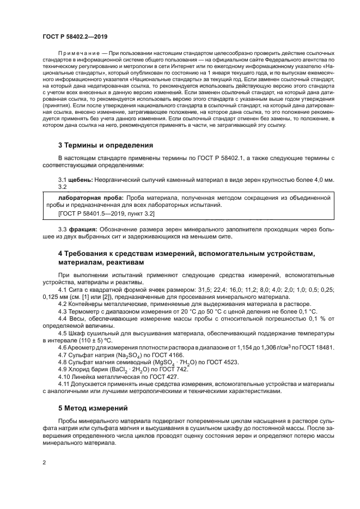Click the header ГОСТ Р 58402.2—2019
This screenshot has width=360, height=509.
pos(75,37)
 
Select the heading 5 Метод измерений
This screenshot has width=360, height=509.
pos(93,408)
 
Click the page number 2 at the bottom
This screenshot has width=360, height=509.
pos(44,462)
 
